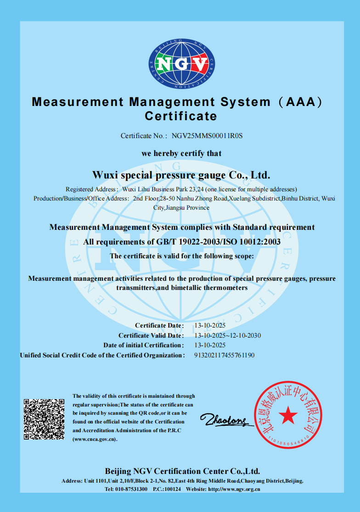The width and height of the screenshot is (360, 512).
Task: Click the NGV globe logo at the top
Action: coord(182,64)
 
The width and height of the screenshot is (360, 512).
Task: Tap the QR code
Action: coord(44,419)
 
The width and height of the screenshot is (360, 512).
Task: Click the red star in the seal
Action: coord(288,415)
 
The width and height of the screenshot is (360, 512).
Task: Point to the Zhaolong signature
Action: coord(225,419)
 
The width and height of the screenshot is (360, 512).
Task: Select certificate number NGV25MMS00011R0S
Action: coord(207,136)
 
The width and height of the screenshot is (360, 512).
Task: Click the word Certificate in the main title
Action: coord(180,116)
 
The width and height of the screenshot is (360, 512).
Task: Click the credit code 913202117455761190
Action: coord(225,355)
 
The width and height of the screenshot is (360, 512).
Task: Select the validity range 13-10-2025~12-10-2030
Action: coord(228,335)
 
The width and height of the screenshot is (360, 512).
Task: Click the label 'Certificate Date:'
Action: coord(159,325)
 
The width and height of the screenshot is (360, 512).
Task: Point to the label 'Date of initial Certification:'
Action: coord(143,345)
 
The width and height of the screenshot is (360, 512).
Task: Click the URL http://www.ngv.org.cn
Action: coord(234,489)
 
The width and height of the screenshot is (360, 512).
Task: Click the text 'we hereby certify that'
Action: coord(181,153)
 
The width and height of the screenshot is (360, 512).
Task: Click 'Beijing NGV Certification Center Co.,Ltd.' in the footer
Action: coord(182,471)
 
